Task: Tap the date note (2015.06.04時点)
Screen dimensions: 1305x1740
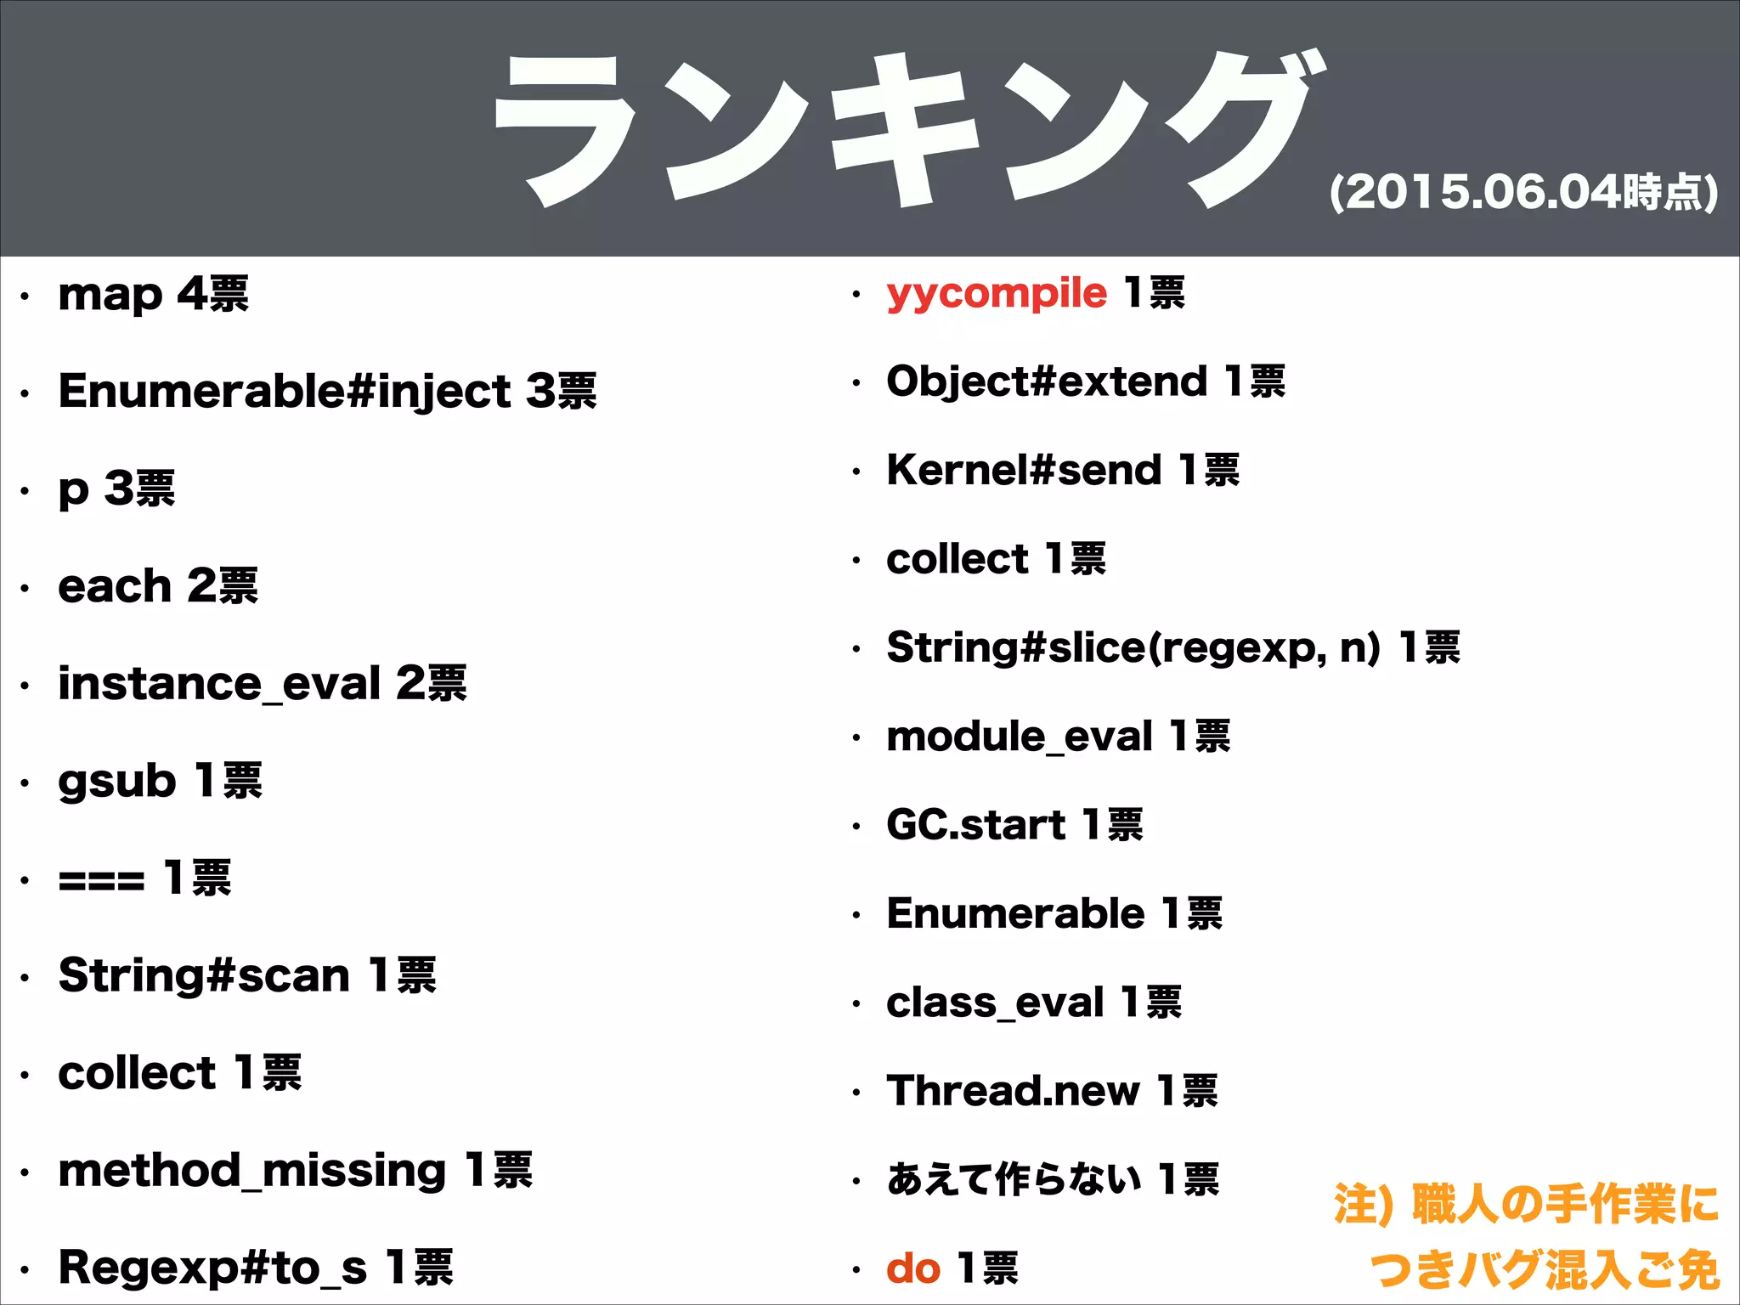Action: click(x=1523, y=192)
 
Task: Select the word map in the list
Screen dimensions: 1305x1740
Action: click(x=110, y=296)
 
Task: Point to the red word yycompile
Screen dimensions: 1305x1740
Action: click(x=997, y=294)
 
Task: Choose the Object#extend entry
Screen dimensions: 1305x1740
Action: click(x=1047, y=381)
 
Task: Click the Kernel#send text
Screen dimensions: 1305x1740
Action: click(x=1024, y=470)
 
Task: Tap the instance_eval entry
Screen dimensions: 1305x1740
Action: click(x=219, y=684)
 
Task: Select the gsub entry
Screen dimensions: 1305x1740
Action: click(x=117, y=782)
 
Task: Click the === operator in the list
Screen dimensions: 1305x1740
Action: click(x=101, y=879)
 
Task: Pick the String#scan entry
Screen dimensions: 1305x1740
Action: click(x=204, y=975)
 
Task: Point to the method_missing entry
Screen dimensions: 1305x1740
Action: click(x=251, y=1171)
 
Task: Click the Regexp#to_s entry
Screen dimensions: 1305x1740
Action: click(x=212, y=1268)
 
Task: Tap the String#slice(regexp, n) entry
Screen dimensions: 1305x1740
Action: click(x=1133, y=647)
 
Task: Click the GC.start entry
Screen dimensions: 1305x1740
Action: click(x=975, y=825)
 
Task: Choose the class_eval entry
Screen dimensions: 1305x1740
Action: click(x=995, y=1003)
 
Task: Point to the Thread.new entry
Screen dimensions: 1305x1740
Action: click(x=1013, y=1091)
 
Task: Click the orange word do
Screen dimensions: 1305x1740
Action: click(x=913, y=1268)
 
